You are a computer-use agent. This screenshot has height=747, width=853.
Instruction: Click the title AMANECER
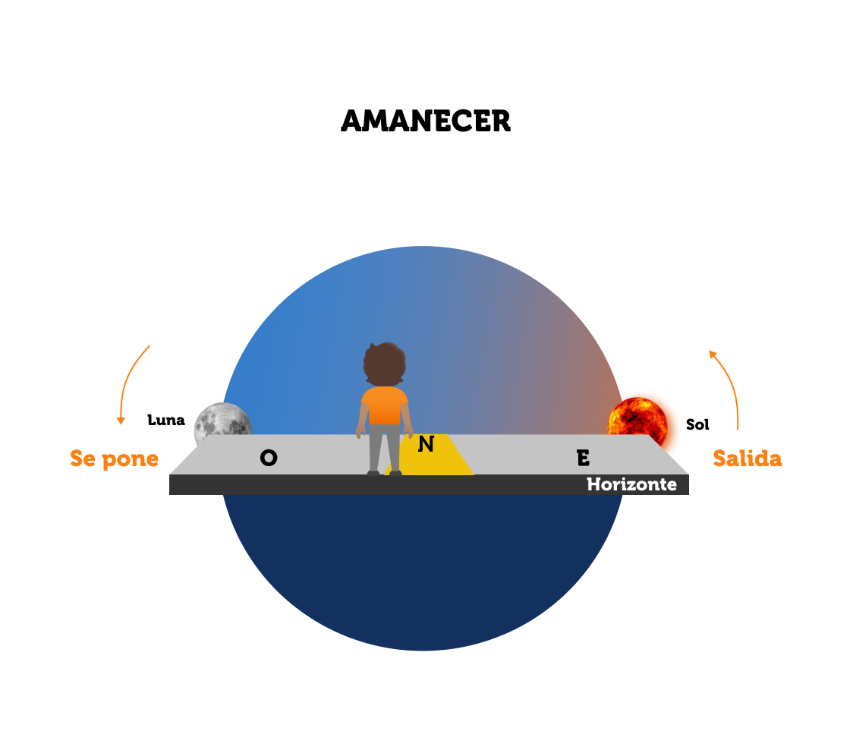426,121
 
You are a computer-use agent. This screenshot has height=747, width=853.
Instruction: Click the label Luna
166,420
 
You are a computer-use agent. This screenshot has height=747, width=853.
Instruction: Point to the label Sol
697,424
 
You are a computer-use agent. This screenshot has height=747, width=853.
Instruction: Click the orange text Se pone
115,459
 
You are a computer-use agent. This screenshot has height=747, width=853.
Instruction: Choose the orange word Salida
748,459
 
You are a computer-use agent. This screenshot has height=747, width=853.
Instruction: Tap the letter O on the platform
269,458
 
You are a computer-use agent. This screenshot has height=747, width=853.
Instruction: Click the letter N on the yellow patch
426,445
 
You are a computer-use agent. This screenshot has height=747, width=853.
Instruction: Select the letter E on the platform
583,458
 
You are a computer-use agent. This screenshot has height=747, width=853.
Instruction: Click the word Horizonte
631,484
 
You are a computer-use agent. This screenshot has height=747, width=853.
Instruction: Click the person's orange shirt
384,406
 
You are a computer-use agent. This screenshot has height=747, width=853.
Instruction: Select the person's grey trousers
384,448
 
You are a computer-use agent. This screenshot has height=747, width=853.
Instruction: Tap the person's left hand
360,433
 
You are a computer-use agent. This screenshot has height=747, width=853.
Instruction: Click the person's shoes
384,473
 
